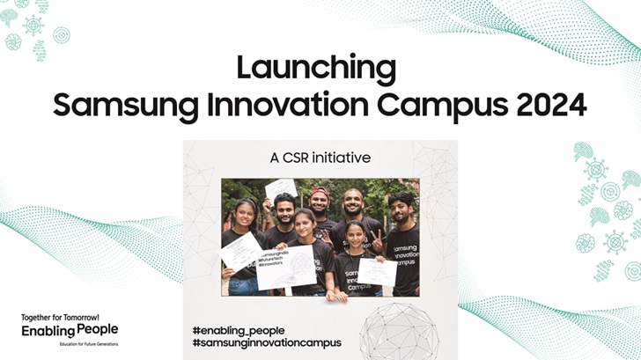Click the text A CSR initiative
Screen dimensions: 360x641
(x=320, y=158)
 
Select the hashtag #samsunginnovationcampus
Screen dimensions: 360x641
(x=266, y=342)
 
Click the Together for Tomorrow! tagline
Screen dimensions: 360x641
(x=62, y=316)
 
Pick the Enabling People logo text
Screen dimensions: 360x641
(x=70, y=329)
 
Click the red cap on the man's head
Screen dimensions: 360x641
(x=320, y=192)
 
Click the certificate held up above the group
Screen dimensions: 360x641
(x=282, y=187)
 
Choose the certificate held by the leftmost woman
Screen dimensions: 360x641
(x=242, y=250)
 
